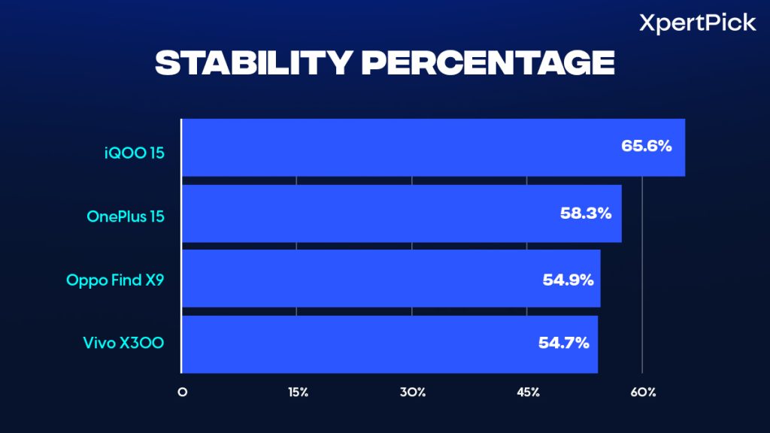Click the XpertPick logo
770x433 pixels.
click(x=697, y=23)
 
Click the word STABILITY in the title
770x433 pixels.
click(x=252, y=64)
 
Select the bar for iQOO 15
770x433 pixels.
click(x=433, y=147)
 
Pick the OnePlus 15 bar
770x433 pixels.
click(x=402, y=213)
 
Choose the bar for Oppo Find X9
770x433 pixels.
click(x=391, y=279)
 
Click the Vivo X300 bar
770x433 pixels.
click(x=390, y=344)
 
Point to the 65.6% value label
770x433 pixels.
click(x=646, y=146)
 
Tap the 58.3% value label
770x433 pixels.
click(x=586, y=213)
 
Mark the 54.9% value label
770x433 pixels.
click(x=568, y=279)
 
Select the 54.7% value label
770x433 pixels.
click(x=564, y=344)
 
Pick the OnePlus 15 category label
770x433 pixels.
click(x=126, y=217)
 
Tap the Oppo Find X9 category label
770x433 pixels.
click(x=115, y=281)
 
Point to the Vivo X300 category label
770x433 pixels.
click(x=123, y=344)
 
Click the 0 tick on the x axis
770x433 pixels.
click(x=182, y=392)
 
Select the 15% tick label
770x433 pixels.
click(x=297, y=392)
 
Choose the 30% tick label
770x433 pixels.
click(x=413, y=392)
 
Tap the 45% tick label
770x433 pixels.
click(x=528, y=392)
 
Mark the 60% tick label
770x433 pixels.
click(x=644, y=392)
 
